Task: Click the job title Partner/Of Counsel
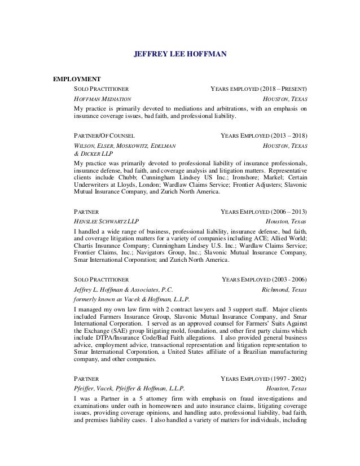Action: (106, 136)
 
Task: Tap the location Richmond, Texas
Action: (285, 288)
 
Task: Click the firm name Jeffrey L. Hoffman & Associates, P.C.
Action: (124, 288)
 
